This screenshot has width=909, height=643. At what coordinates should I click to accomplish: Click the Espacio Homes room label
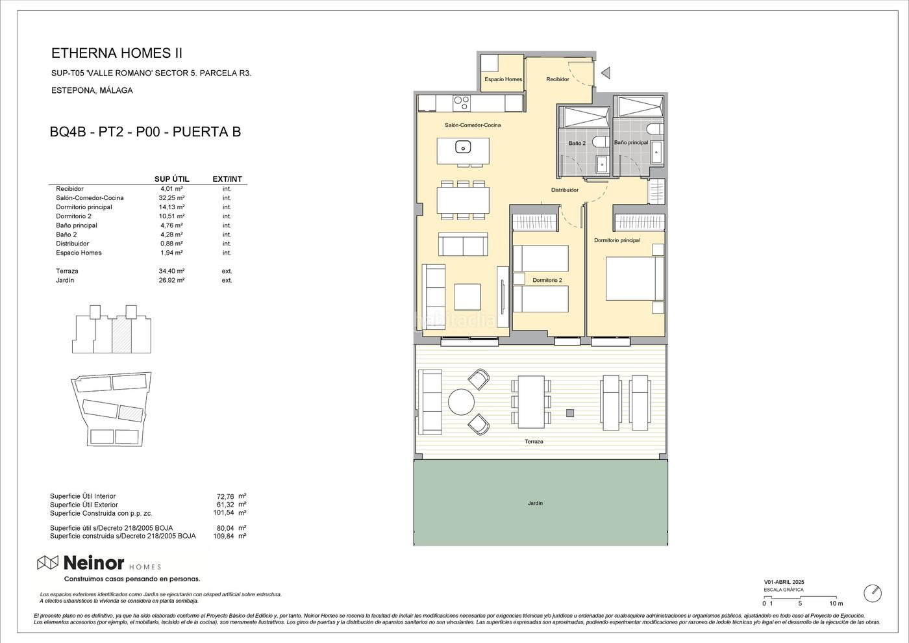pos(503,79)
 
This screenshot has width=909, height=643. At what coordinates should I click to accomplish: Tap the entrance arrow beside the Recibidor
pos(605,73)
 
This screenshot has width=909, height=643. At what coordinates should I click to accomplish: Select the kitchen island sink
pos(462,147)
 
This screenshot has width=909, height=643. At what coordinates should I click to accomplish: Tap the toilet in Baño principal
pos(654,129)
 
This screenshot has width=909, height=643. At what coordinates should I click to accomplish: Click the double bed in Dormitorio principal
pos(635,279)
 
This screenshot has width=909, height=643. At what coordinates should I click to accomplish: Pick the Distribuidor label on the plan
pos(564,190)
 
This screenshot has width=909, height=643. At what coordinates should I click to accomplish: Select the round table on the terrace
pos(462,402)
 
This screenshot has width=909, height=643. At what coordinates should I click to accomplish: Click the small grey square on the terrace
pos(570,413)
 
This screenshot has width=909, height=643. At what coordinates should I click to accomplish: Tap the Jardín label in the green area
pos(535,503)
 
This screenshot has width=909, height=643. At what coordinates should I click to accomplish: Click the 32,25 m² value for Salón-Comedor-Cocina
pos(171,197)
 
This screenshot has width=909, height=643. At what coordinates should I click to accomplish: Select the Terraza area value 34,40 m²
pos(171,271)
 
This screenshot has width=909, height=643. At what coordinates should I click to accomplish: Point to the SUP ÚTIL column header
pos(171,179)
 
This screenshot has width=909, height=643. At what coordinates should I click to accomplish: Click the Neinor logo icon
pos(48,563)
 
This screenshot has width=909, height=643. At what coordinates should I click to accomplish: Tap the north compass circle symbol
pos(873,593)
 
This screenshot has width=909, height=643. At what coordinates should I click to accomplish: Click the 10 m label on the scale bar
pos(836,603)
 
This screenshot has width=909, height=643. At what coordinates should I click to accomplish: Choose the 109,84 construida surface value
pos(223,536)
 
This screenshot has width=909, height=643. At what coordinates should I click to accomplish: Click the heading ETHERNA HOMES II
pos(117,53)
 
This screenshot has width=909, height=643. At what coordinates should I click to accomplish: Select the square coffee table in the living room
pos(467,297)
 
